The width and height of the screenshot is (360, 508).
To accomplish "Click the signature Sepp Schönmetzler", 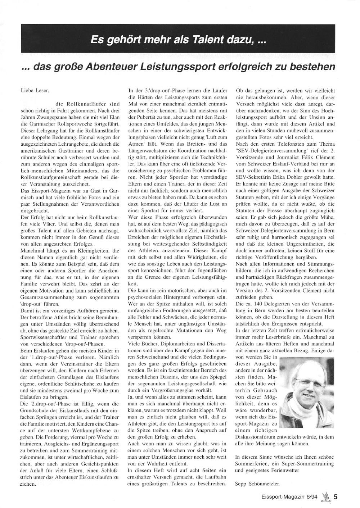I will point(257,483).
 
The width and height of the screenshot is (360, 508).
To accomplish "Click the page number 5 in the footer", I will point(336,497).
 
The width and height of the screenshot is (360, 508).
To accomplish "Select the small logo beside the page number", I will point(326,496).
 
